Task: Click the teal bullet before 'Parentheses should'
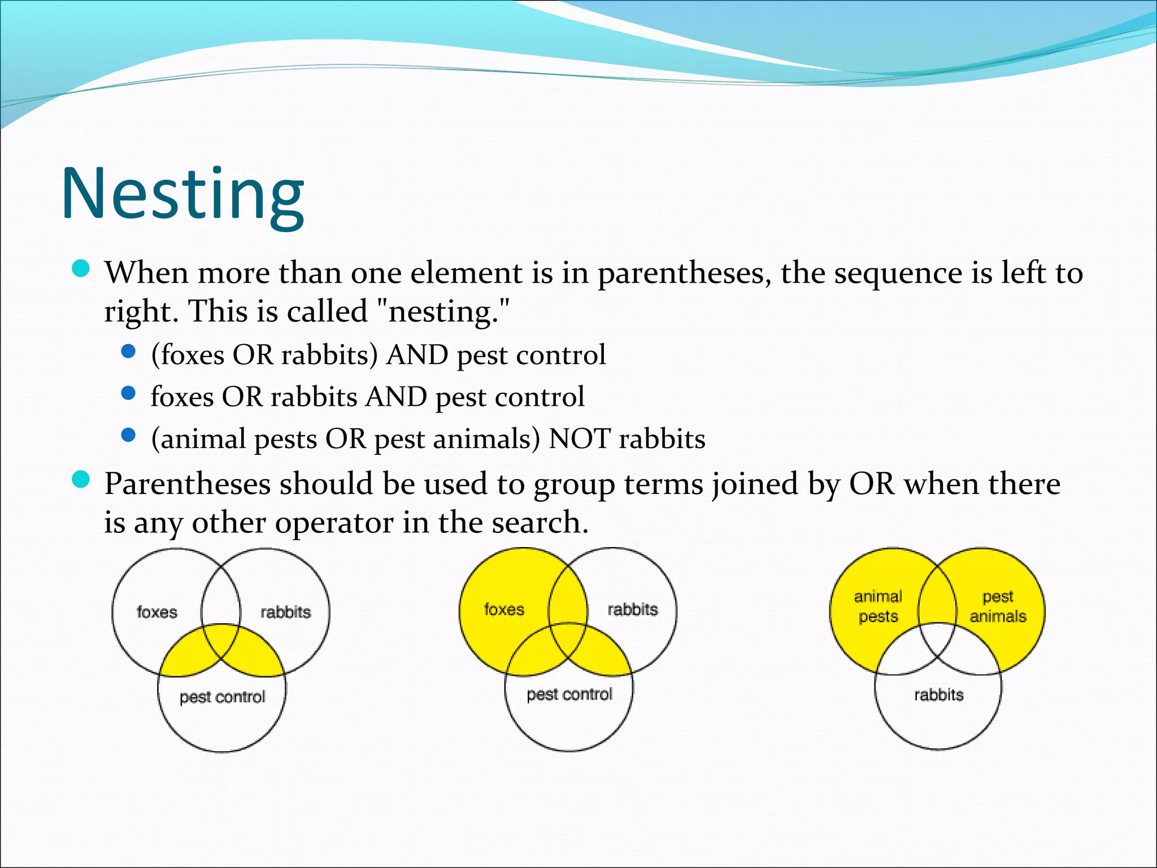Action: click(x=81, y=480)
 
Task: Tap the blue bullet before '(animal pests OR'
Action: click(x=129, y=435)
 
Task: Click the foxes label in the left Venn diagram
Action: click(x=156, y=612)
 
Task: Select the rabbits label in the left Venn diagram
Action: click(x=285, y=612)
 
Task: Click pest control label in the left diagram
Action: click(x=222, y=697)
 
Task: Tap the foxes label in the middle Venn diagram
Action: click(x=504, y=609)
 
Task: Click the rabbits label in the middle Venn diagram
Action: click(x=633, y=609)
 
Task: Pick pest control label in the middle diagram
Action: click(x=569, y=694)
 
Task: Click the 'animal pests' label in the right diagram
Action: click(x=878, y=606)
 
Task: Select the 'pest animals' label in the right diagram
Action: click(x=998, y=606)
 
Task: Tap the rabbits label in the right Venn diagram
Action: click(x=938, y=695)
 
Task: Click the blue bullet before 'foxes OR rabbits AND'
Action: click(x=129, y=393)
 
